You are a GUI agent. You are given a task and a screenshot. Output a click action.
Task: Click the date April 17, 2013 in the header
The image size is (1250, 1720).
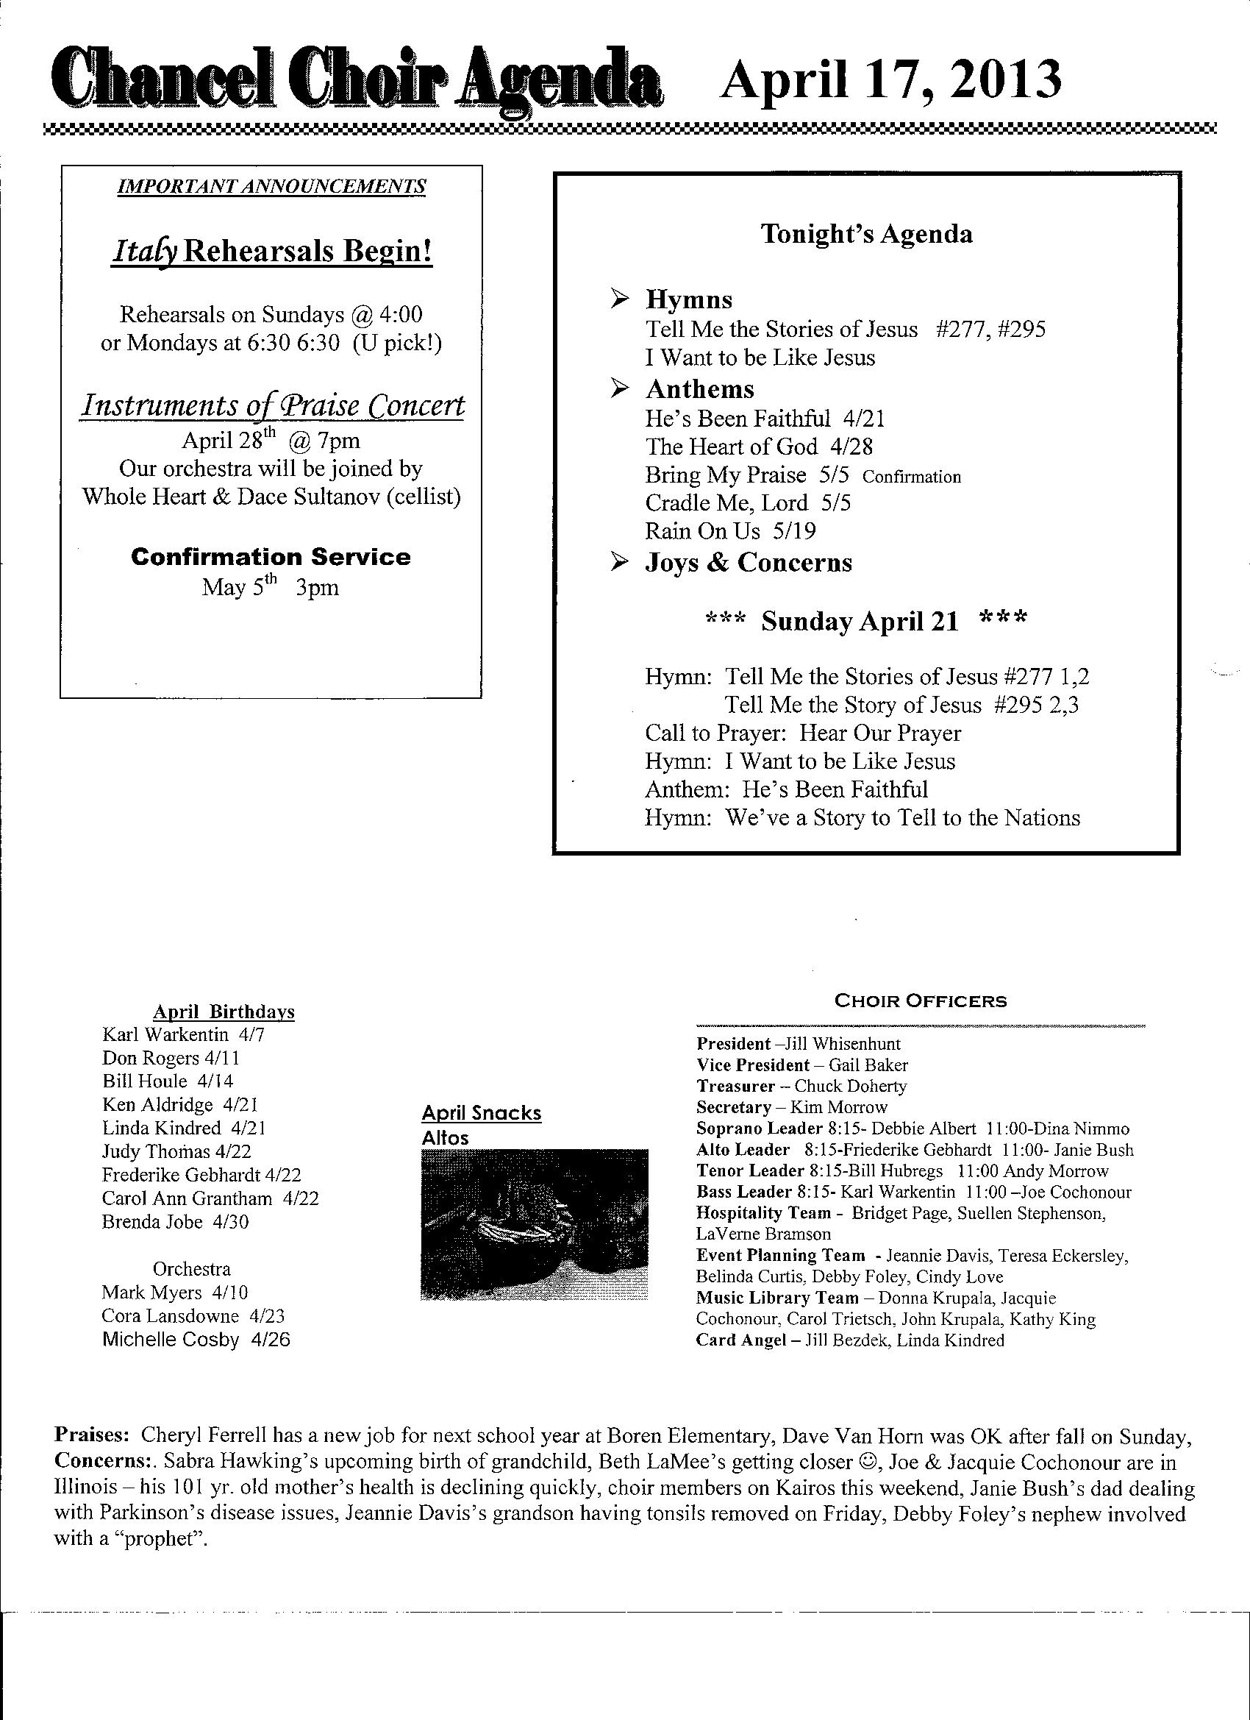(x=890, y=81)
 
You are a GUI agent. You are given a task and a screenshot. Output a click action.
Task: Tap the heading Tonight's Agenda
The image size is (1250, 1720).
(x=865, y=234)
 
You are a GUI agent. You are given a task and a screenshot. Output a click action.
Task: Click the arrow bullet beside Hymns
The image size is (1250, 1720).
(x=620, y=299)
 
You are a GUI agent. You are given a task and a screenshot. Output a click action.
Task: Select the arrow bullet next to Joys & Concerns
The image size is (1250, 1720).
(x=620, y=562)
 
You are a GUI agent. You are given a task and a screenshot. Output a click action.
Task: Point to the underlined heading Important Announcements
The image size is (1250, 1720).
(x=271, y=187)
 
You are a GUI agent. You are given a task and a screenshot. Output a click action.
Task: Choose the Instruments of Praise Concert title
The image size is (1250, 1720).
(x=272, y=406)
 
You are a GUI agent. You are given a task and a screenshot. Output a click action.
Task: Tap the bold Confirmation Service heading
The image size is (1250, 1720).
(x=271, y=557)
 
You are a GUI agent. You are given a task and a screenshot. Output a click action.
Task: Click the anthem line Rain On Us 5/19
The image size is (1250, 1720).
(x=730, y=531)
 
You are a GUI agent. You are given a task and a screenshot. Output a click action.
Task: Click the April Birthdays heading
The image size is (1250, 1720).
(x=224, y=1012)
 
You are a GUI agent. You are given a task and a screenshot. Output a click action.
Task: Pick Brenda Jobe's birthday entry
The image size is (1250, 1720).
(x=175, y=1222)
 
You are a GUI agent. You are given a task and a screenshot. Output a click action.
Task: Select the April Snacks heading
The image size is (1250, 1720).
(x=482, y=1113)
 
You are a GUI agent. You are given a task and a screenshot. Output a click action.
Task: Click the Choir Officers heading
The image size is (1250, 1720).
(x=921, y=1001)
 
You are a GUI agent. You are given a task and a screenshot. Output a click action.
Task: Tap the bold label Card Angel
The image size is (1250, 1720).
(x=740, y=1340)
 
